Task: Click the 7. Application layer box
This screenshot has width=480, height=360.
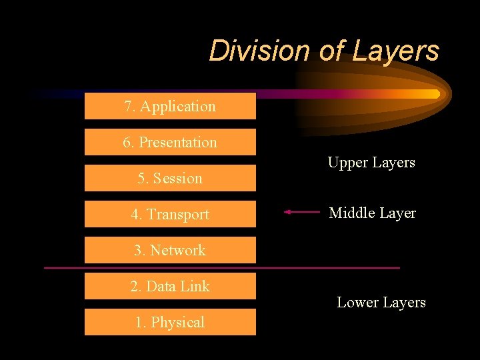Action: pos(170,106)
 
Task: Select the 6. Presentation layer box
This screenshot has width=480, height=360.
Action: pos(170,142)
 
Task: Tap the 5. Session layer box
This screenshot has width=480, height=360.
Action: pos(170,178)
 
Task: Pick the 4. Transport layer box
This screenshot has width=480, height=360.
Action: pos(170,214)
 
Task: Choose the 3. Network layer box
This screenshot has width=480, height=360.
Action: pos(170,250)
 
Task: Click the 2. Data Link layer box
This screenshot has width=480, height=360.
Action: pos(170,286)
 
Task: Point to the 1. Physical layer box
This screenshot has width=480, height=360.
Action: pos(170,322)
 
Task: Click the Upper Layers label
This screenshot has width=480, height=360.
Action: pos(371,163)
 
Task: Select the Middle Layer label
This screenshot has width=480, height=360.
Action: pos(372,213)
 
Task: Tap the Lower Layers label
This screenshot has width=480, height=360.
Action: pos(381,303)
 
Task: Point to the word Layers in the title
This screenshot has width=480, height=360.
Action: pos(399,51)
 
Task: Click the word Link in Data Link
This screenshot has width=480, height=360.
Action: pos(195,286)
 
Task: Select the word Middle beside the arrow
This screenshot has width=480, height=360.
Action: pos(351,213)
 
